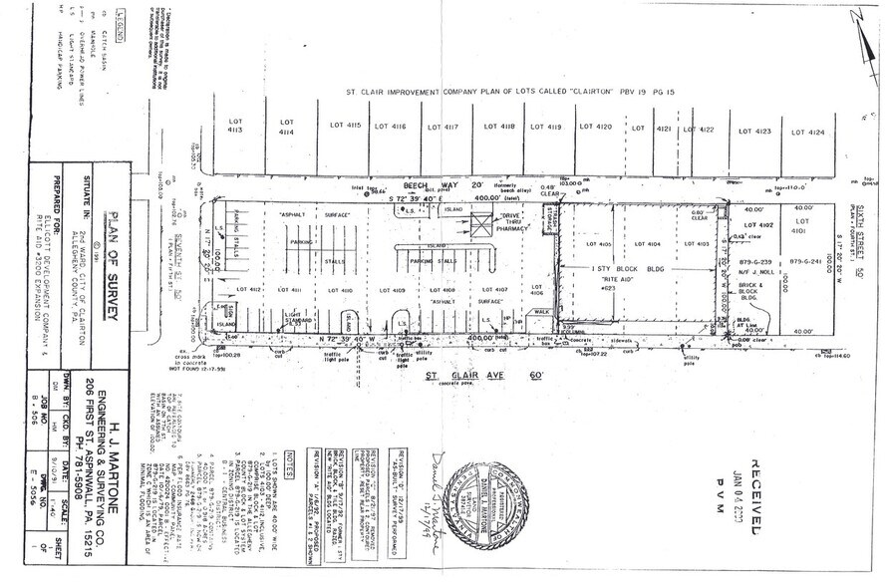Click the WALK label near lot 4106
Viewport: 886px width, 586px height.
click(x=541, y=311)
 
